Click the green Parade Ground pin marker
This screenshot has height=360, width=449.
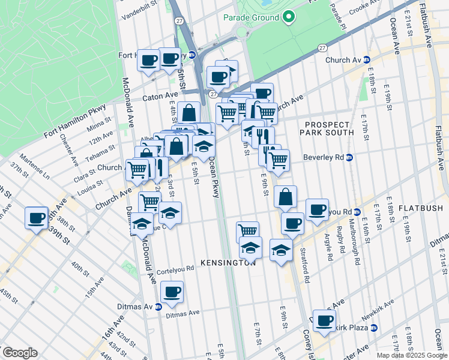point(289,17)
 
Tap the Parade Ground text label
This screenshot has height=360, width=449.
point(251,17)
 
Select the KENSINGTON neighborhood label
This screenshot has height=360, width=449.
point(228,263)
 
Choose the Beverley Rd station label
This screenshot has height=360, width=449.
point(327,157)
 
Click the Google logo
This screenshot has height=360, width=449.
point(20,353)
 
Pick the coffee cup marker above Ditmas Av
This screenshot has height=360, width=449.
point(172,292)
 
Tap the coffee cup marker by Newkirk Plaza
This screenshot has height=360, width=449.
point(324,320)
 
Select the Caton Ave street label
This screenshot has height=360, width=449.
point(160,96)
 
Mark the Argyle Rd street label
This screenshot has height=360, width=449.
point(330,248)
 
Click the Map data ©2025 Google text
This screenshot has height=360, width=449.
point(411,355)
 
